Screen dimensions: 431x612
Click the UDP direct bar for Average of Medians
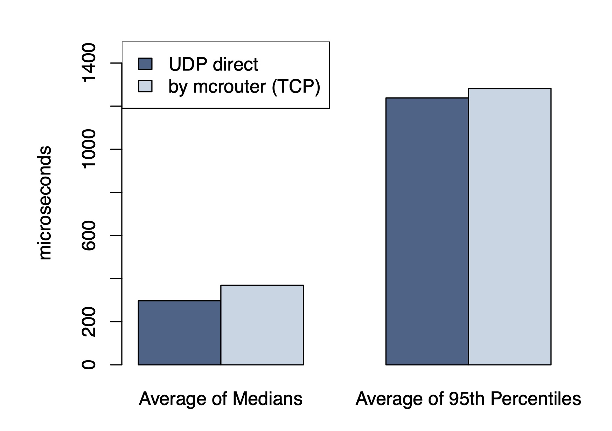tap(179, 333)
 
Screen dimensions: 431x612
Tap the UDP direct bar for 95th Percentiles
tap(427, 231)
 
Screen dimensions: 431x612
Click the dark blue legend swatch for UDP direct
tap(145, 64)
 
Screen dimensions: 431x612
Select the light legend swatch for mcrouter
tap(145, 86)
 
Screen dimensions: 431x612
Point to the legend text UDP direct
tap(213, 64)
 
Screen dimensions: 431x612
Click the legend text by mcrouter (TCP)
tap(244, 87)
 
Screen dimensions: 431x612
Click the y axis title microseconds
tap(45, 203)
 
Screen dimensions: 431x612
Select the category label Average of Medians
tap(221, 399)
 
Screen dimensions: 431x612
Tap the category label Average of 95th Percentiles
tap(468, 399)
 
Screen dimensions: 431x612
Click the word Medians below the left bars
tap(267, 399)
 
